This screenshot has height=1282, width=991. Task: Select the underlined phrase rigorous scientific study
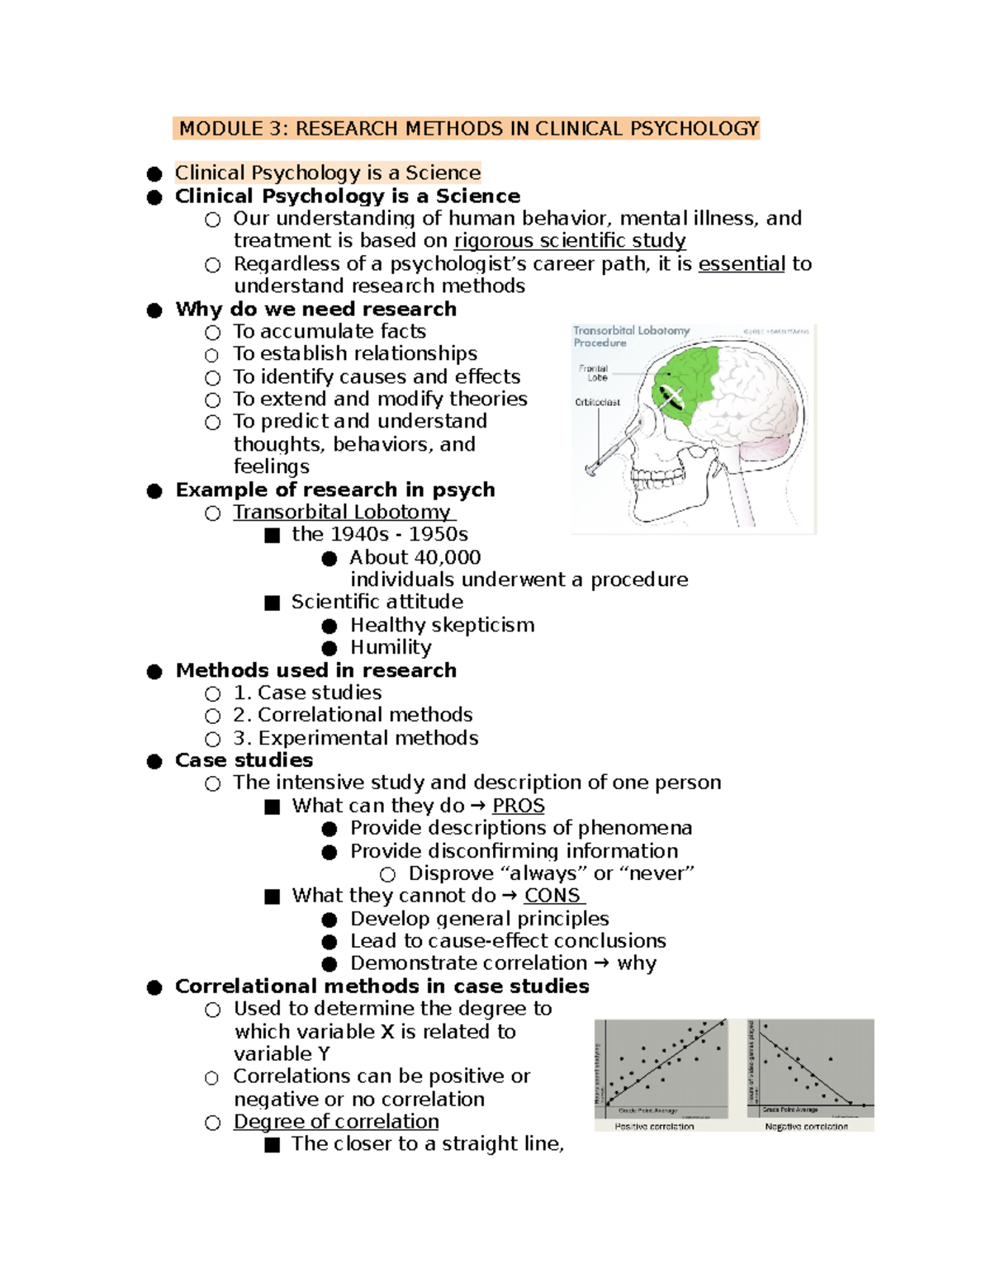570,241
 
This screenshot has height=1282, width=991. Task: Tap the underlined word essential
742,264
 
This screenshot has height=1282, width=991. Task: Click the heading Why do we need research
315,310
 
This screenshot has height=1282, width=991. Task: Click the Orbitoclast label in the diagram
597,403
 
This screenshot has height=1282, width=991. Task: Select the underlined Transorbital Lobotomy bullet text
342,513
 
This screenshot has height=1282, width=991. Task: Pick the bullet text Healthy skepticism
442,626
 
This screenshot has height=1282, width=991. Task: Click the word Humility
391,648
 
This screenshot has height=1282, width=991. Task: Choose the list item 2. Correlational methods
353,715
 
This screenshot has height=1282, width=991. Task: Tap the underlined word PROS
519,806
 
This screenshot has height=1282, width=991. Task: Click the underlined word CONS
552,896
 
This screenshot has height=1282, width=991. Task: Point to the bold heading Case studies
244,760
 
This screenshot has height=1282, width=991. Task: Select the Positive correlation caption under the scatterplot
654,1126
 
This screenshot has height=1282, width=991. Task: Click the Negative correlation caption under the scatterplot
806,1126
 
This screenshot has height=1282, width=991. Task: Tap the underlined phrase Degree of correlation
336,1122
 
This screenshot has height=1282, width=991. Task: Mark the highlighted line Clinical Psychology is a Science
327,173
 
